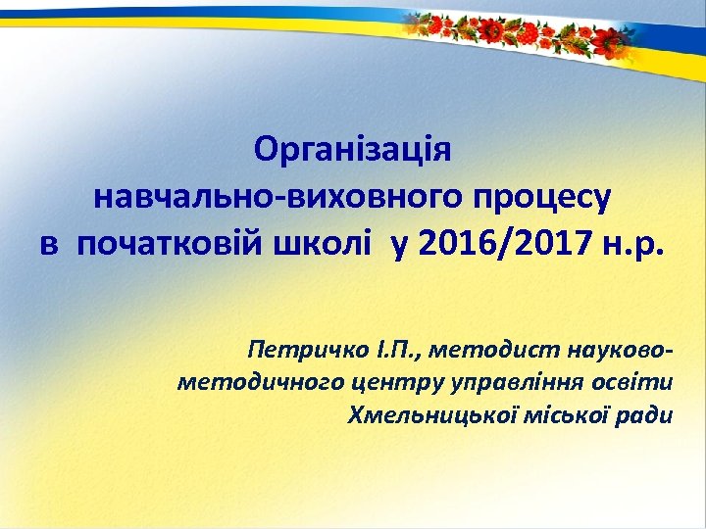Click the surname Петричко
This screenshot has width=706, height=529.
[304, 348]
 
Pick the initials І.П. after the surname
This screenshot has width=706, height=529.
[391, 348]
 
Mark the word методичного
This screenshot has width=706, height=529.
[240, 381]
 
